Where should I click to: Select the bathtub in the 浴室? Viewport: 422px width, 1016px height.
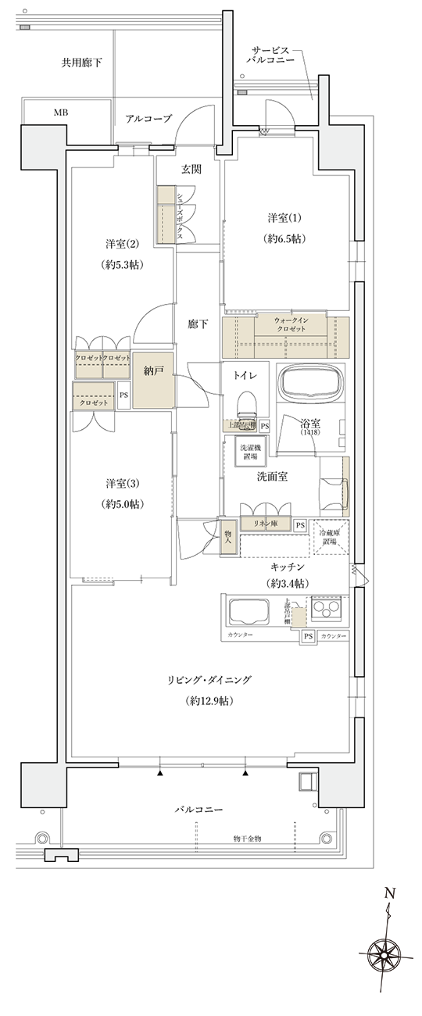tap(312, 384)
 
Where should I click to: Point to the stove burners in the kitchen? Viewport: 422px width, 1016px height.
tap(327, 608)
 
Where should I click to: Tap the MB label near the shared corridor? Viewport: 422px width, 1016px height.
tap(60, 113)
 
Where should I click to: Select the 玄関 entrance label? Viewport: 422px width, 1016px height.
tap(192, 169)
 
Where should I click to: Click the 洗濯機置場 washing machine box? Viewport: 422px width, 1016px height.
tap(252, 451)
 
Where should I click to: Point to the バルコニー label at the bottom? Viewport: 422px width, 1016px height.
tap(198, 810)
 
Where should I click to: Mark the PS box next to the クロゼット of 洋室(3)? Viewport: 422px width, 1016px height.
tap(123, 395)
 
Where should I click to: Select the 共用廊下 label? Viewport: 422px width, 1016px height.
tap(82, 62)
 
